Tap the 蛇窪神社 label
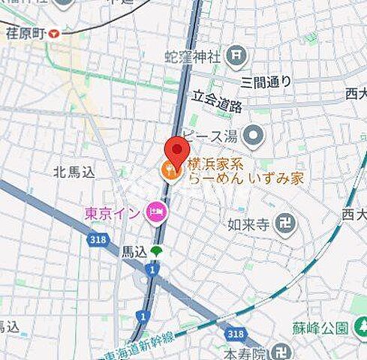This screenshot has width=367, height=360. pos(194,56)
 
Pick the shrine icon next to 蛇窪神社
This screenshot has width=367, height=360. pos(236,54)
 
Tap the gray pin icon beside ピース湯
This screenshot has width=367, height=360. pos(255,135)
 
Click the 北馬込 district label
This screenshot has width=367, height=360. pos(74,172)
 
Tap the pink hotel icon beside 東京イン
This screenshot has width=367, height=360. pos(157,213)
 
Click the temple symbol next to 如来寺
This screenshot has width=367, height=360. pos(286,223)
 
